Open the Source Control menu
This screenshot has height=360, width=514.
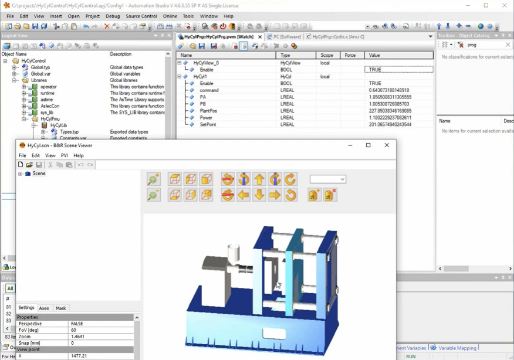(141, 16)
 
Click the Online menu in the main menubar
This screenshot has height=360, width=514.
(170, 16)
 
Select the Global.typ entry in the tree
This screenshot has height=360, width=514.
(40, 67)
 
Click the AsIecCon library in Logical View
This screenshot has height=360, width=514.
(50, 106)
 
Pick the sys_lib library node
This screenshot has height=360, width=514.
(47, 113)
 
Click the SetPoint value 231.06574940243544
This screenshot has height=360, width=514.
(390, 124)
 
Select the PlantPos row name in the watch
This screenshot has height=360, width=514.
(208, 111)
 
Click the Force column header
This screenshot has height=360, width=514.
(350, 55)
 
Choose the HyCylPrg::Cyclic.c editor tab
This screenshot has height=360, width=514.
(338, 36)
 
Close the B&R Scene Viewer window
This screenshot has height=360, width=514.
(387, 145)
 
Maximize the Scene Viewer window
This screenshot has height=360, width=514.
(368, 145)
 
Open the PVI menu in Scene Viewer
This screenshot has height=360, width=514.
(65, 155)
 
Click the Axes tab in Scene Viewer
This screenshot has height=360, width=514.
(44, 308)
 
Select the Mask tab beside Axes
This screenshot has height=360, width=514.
(60, 308)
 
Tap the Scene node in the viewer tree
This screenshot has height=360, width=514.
(39, 174)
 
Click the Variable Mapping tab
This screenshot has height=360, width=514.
(457, 348)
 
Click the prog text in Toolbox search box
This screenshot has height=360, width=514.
(472, 45)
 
